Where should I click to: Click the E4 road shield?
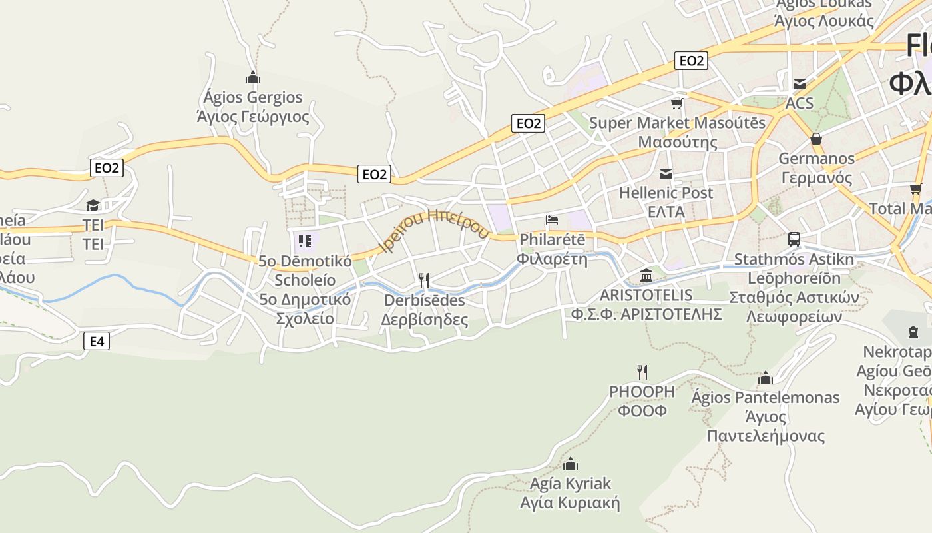click(97, 342)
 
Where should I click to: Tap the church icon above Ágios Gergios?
click(252, 77)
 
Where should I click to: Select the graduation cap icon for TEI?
click(93, 205)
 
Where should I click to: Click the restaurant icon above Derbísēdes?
click(423, 280)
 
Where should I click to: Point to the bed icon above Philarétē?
click(551, 220)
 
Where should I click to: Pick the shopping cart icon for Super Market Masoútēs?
click(677, 103)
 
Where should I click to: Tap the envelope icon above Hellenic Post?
click(665, 174)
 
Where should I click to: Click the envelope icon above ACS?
click(799, 84)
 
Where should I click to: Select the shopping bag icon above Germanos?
click(815, 139)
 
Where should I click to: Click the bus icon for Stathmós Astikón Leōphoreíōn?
click(794, 239)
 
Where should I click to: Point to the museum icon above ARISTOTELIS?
click(646, 275)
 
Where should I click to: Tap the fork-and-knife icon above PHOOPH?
click(642, 372)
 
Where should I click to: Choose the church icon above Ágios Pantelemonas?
click(766, 378)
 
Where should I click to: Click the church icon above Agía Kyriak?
click(570, 464)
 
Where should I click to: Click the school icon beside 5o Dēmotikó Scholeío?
click(305, 241)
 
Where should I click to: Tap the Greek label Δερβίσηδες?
click(425, 320)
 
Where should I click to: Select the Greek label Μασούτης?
click(678, 142)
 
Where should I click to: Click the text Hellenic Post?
click(666, 193)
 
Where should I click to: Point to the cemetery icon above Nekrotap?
click(913, 332)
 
